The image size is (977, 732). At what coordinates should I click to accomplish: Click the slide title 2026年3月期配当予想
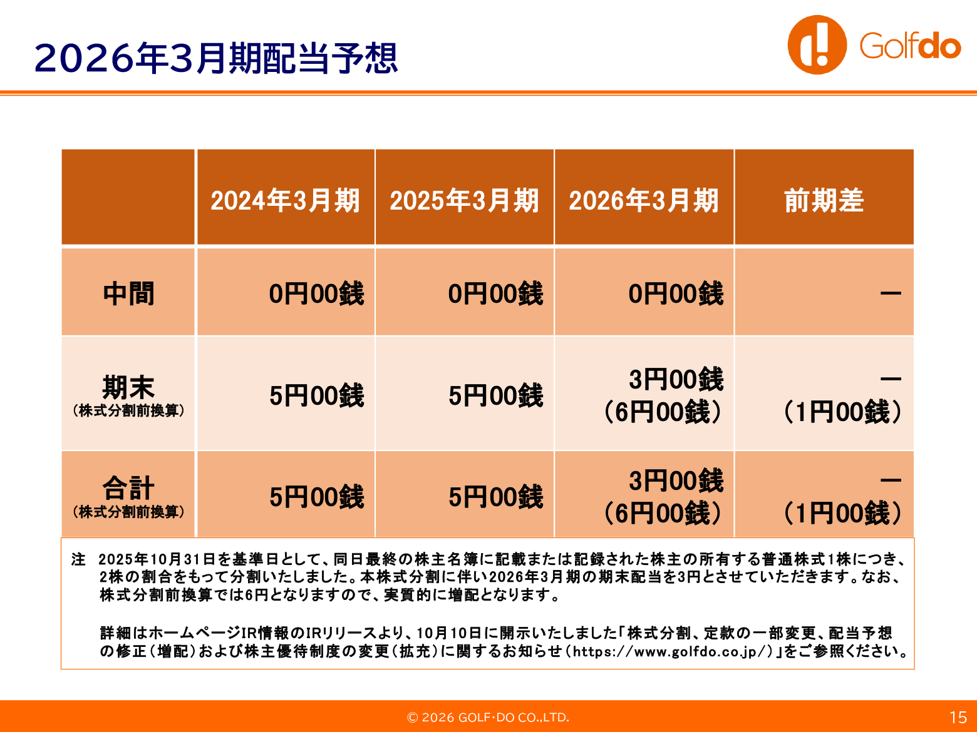coord(216,58)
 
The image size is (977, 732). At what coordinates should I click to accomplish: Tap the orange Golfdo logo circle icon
coord(817,45)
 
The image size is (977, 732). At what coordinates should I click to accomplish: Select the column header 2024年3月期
coord(285,200)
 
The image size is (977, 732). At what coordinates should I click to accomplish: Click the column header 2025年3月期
coord(464,200)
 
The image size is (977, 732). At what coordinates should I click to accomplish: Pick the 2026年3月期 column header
coord(644,200)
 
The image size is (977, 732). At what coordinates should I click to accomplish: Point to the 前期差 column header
coord(824,200)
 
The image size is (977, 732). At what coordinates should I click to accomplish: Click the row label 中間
coord(128,294)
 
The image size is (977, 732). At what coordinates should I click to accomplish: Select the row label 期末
coord(128,387)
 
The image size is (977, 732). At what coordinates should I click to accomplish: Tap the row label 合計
coord(128,488)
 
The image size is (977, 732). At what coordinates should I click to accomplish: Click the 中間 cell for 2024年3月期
coord(316,294)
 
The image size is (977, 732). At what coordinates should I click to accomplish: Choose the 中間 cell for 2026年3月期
coord(676,294)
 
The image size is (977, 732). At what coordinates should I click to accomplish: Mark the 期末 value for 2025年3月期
coord(496,395)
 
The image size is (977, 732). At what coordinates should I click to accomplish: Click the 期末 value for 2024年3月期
coord(316,395)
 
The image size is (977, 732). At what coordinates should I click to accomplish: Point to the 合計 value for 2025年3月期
coord(496,496)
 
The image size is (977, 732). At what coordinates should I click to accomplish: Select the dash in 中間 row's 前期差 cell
coord(891,293)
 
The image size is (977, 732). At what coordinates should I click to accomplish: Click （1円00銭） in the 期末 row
coord(842,412)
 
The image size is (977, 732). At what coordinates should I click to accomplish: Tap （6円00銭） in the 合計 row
coord(663,513)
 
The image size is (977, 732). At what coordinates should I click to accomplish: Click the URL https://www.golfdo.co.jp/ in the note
coord(673,652)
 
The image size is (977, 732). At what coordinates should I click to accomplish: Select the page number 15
coord(958,718)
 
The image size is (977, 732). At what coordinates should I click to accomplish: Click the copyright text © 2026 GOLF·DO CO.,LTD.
coord(488,718)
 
